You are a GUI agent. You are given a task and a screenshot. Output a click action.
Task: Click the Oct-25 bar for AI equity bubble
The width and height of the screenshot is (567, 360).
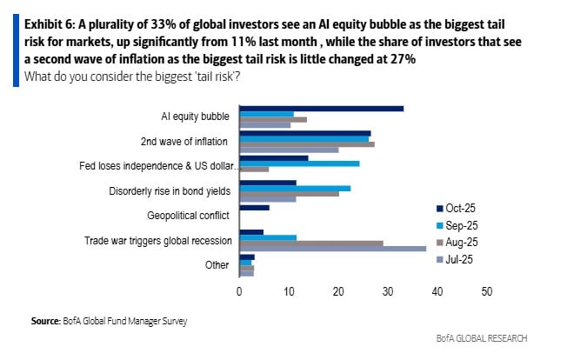tap(322, 109)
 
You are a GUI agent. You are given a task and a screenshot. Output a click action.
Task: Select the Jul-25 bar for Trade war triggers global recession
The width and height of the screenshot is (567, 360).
tap(332, 248)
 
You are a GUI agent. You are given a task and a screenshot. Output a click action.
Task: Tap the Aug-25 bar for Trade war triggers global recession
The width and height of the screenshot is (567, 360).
tap(310, 243)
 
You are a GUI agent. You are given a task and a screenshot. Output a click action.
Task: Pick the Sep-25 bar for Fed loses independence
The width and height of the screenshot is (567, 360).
tap(299, 163)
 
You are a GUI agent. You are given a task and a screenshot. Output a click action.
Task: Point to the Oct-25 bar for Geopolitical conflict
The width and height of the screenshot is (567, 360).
tap(254, 208)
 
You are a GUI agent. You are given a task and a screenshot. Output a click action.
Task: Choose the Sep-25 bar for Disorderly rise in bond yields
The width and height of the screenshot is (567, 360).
tap(295, 188)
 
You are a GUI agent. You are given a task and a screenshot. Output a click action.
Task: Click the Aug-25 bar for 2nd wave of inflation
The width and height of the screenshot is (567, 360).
tap(306, 144)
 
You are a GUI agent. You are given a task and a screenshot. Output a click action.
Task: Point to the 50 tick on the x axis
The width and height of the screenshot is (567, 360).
tap(486, 291)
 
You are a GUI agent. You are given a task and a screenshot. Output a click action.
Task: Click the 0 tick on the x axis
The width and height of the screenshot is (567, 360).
tap(239, 291)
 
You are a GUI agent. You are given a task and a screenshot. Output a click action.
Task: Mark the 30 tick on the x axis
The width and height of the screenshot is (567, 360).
tap(387, 291)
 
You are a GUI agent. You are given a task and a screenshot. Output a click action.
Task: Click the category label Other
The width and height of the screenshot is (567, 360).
tap(218, 264)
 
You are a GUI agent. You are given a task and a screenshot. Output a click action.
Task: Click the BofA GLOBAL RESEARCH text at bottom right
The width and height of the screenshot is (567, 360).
tap(482, 337)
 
